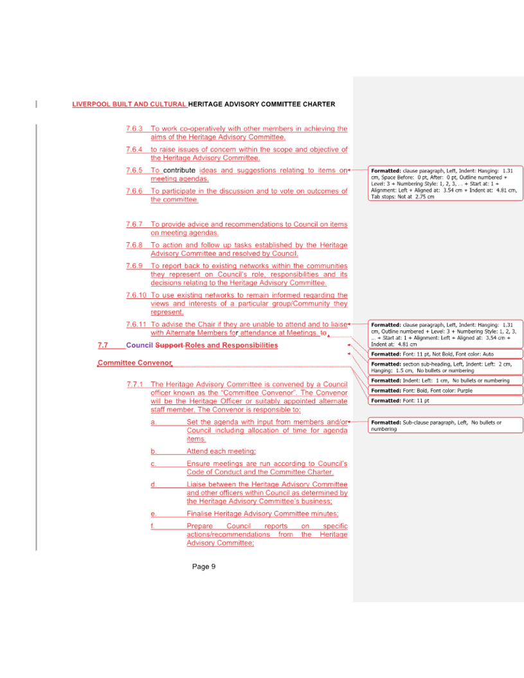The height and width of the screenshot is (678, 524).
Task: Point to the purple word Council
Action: coord(139,346)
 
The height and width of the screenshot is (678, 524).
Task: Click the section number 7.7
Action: coord(103,346)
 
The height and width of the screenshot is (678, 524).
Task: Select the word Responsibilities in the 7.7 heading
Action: coord(249,346)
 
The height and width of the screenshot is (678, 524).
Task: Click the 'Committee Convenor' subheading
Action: coord(134,364)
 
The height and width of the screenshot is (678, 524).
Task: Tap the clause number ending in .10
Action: coord(136,296)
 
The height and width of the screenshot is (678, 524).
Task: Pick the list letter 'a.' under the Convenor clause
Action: coord(154,422)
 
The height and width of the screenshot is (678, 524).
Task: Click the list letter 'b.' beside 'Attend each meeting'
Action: coord(154,451)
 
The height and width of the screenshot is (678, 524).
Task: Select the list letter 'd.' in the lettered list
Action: coord(154,484)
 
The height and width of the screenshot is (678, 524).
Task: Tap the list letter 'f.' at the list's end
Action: coord(153,526)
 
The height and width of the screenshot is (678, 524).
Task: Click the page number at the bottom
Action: coord(203,567)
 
